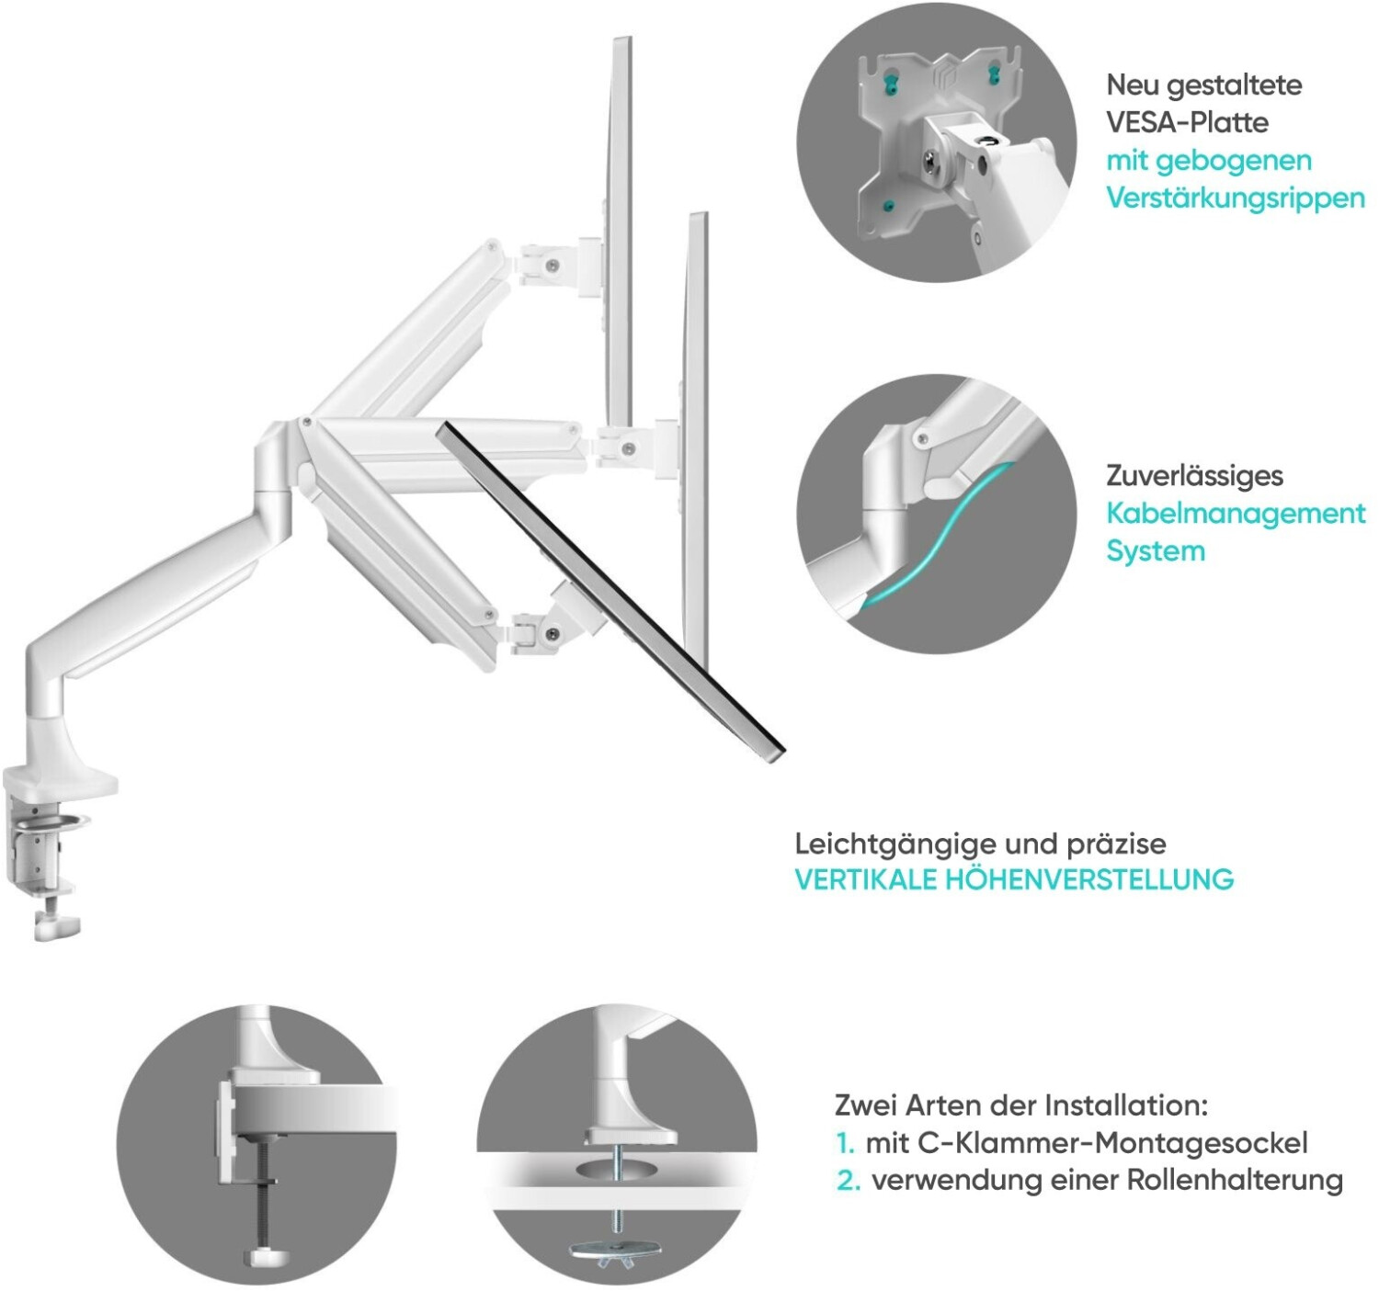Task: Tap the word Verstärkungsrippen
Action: pyautogui.click(x=1235, y=198)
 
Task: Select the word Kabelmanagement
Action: pyautogui.click(x=1235, y=513)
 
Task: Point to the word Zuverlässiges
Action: pyautogui.click(x=1194, y=475)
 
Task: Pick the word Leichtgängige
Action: pyautogui.click(x=895, y=844)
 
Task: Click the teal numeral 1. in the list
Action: pyautogui.click(x=845, y=1144)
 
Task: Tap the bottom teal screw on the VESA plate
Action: pyautogui.click(x=888, y=205)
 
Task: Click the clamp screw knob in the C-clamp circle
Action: pyautogui.click(x=267, y=1255)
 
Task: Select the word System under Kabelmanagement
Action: pyautogui.click(x=1155, y=551)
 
